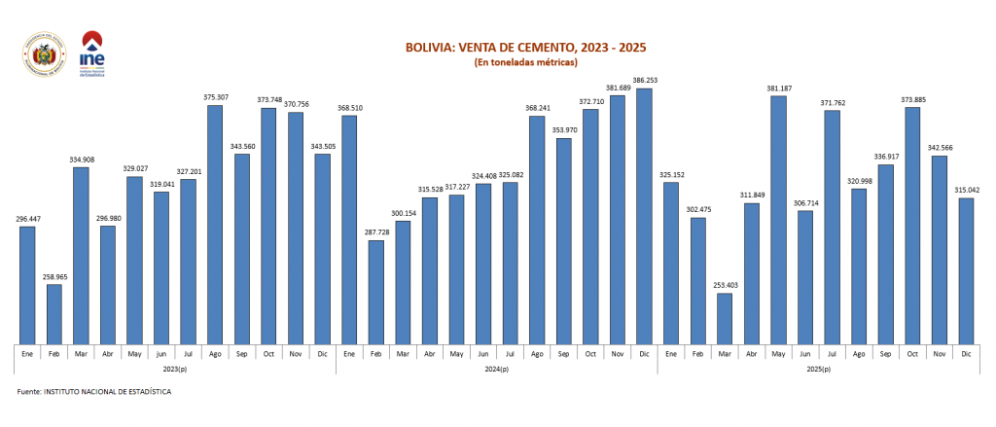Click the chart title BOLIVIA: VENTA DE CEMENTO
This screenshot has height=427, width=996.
tap(525, 47)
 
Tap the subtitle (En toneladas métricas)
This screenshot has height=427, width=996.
tap(525, 62)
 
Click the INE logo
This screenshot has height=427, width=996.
tap(93, 55)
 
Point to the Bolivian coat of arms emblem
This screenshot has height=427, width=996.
tap(40, 55)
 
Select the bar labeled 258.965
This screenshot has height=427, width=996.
tap(54, 313)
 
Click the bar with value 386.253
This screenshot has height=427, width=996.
tap(643, 216)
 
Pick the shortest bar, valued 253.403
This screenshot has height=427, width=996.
tap(724, 318)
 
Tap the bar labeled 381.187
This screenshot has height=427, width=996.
tap(777, 219)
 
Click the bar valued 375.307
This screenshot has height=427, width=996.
tap(215, 224)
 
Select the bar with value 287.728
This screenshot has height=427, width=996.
tap(375, 292)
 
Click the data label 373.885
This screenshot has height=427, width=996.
tap(911, 99)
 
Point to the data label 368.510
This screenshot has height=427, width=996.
tap(348, 108)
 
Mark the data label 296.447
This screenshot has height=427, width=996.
tap(27, 219)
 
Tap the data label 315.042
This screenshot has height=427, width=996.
tap(965, 191)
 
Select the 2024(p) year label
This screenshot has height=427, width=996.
tap(496, 370)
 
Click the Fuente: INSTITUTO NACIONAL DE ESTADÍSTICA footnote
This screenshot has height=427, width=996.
tap(94, 391)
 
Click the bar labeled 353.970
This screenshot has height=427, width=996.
tap(563, 240)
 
